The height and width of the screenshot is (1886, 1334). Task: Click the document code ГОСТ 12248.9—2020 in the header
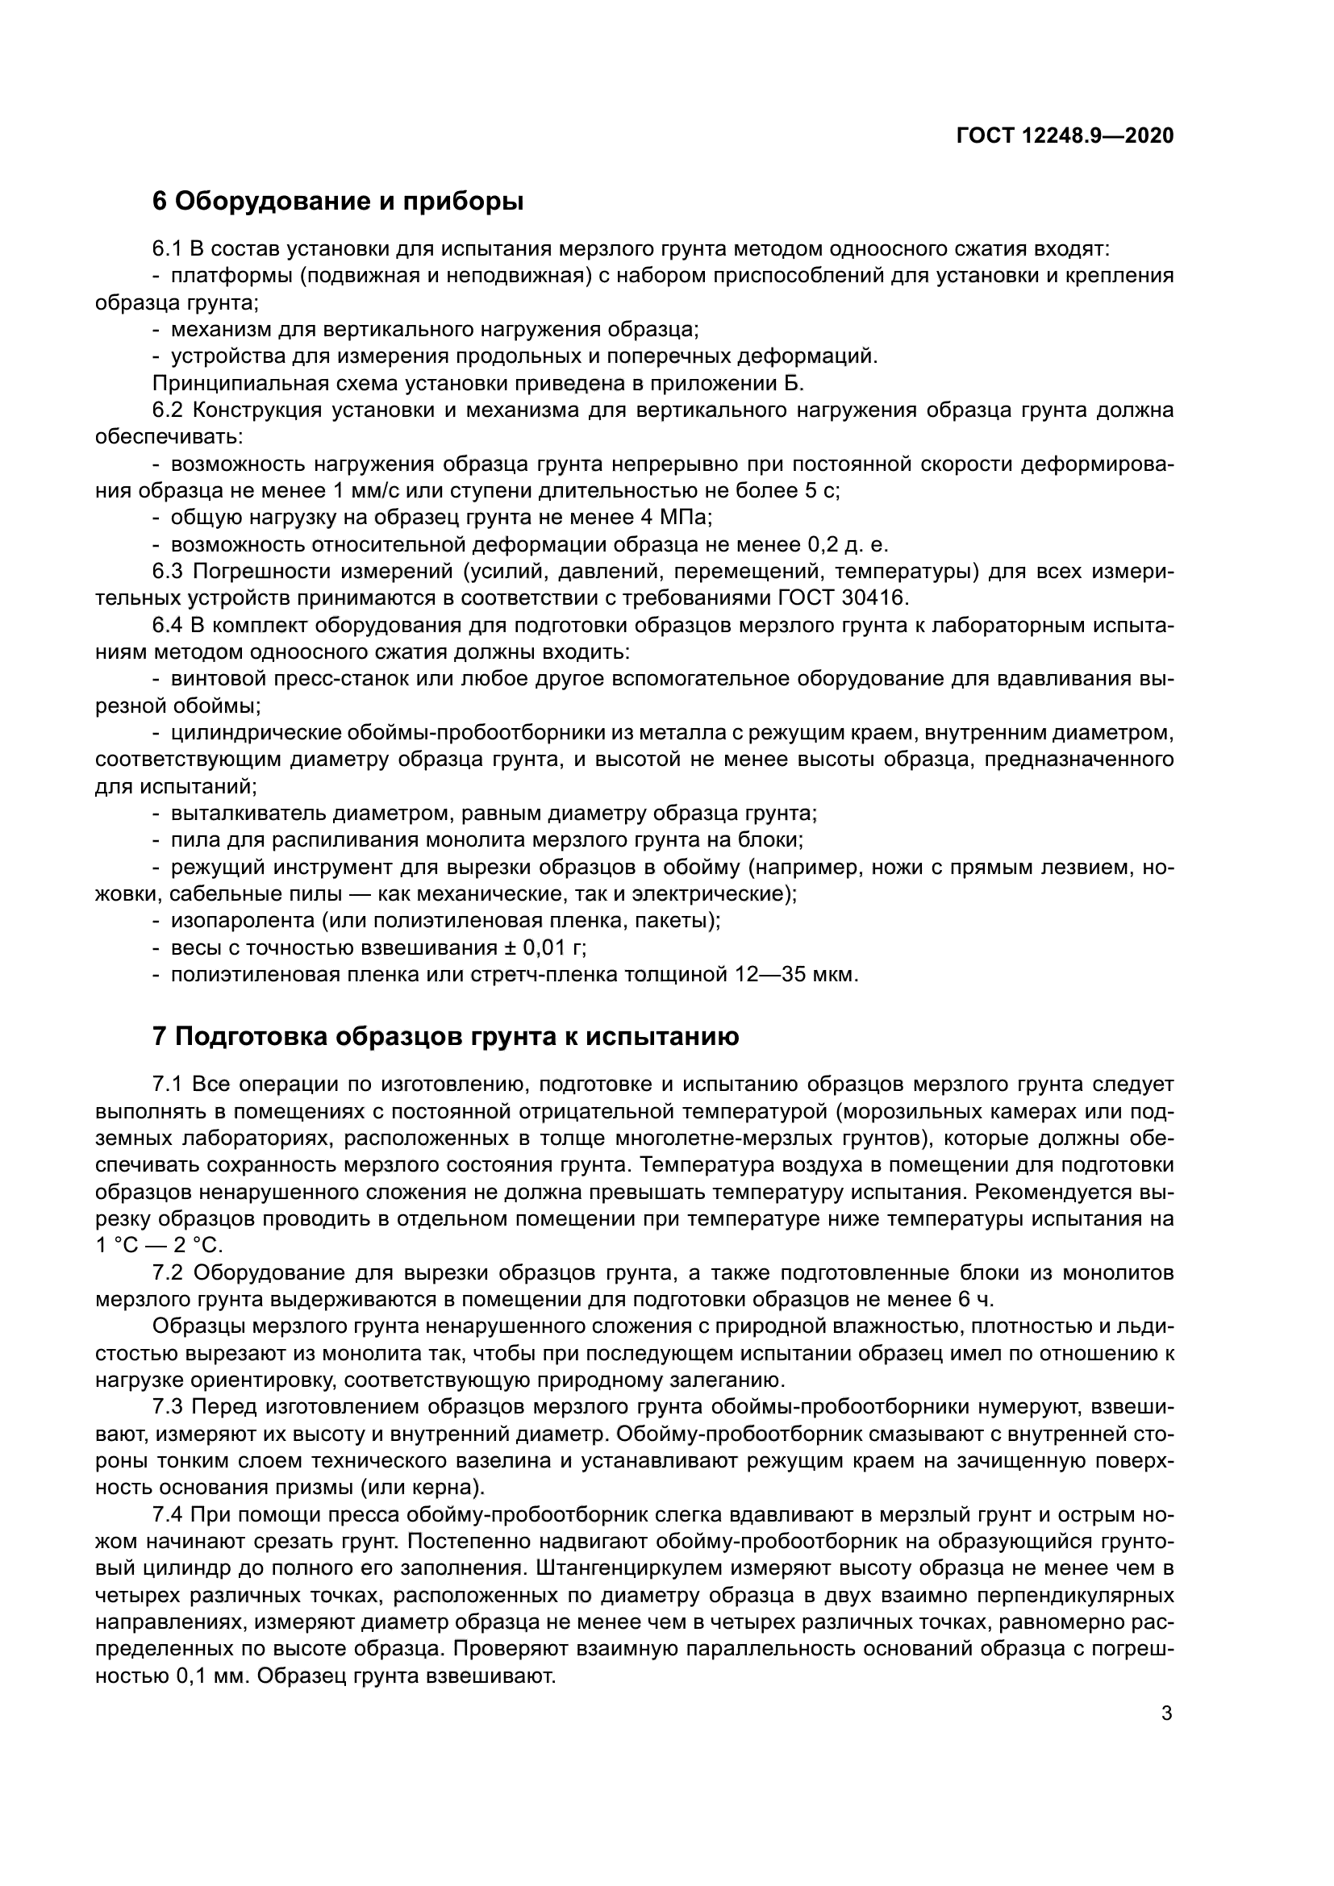pos(1065,135)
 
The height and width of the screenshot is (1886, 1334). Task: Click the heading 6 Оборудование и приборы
pos(339,202)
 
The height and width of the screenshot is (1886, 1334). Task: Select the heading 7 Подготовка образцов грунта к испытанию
pos(446,1037)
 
